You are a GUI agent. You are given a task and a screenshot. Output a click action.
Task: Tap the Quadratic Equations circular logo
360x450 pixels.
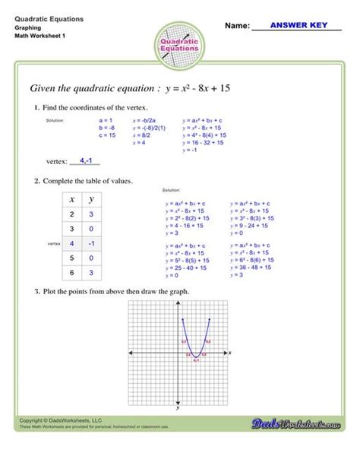180,44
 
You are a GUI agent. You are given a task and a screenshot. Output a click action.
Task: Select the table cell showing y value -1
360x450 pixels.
91,243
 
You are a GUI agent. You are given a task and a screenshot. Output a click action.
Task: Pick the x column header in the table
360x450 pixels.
71,199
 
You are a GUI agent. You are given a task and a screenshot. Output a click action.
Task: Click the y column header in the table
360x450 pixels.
91,199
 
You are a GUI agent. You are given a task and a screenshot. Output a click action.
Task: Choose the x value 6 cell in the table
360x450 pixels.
71,273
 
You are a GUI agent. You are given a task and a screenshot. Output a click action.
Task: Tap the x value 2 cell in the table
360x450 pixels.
71,215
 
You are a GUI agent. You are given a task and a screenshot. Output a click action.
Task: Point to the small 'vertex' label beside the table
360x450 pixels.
52,243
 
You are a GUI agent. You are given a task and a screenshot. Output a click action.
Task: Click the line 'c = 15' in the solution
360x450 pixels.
107,135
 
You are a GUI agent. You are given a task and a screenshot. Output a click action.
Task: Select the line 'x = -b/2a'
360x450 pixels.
144,120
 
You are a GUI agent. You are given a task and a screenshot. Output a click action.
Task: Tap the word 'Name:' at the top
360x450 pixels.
238,26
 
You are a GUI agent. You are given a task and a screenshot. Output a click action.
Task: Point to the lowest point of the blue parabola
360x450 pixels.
195,357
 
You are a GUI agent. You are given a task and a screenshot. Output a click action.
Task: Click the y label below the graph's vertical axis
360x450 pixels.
176,408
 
